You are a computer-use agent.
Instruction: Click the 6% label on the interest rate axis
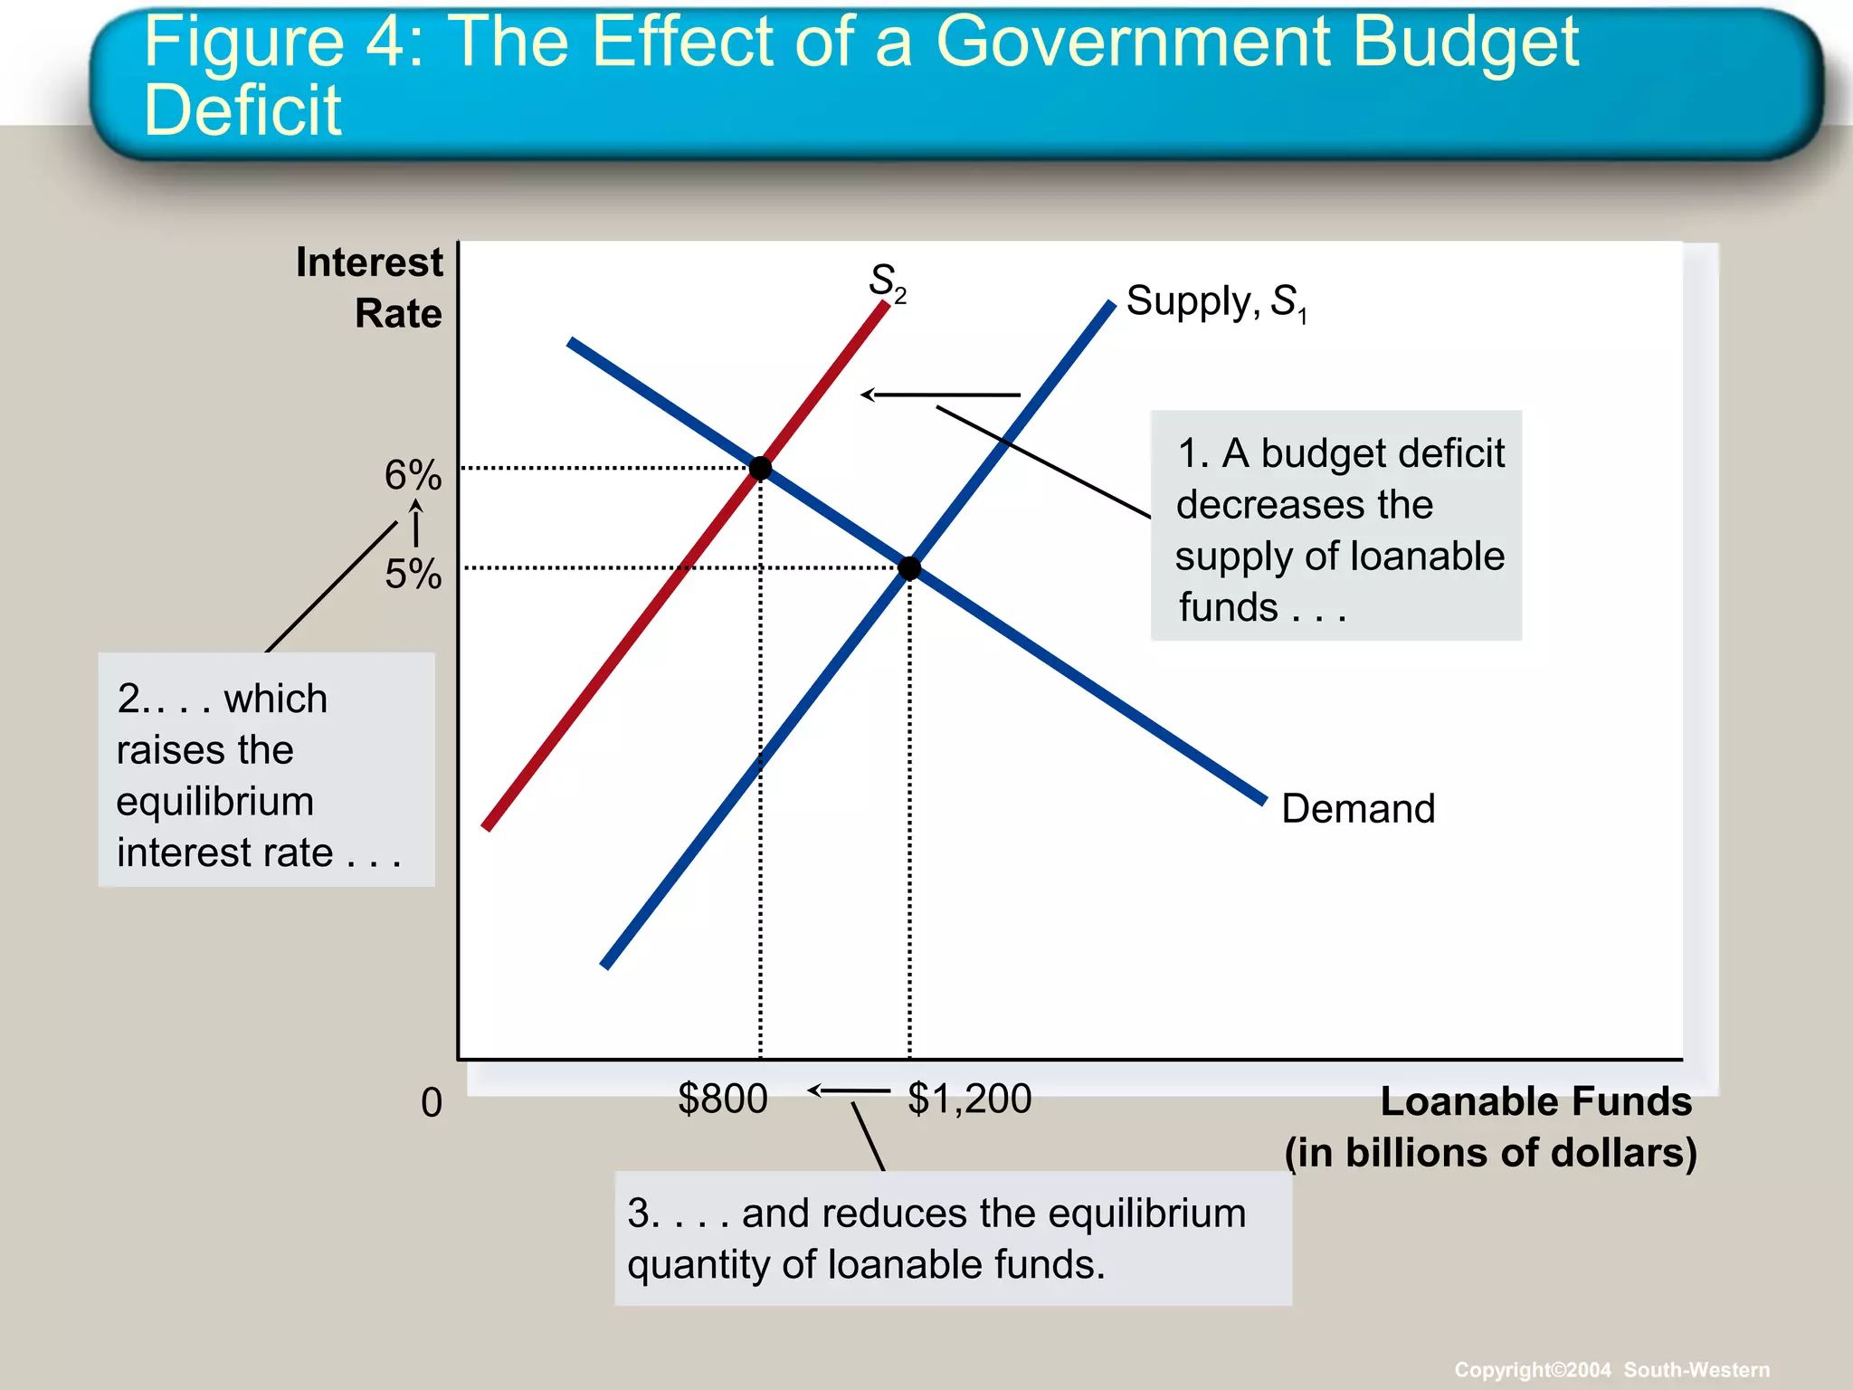point(413,475)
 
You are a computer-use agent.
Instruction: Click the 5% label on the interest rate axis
point(413,574)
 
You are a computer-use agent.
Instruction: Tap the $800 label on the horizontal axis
point(722,1099)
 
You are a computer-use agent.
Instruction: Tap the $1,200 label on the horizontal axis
point(969,1099)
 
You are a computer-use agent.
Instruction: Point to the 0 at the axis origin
point(432,1103)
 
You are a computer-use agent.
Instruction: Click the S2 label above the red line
point(886,281)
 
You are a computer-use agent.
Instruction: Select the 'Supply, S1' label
point(1215,301)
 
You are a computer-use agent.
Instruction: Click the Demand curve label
point(1357,808)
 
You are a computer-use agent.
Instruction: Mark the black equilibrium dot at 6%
point(760,468)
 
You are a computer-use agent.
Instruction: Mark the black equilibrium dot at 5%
point(909,568)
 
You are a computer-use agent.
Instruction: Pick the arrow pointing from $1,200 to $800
point(848,1090)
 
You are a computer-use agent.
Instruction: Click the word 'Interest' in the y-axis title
point(369,262)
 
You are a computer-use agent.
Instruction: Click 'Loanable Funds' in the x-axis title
point(1535,1101)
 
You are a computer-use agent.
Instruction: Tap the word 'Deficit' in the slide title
point(242,110)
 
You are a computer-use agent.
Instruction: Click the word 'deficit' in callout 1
point(1448,452)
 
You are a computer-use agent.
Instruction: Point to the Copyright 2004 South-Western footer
point(1611,1369)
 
